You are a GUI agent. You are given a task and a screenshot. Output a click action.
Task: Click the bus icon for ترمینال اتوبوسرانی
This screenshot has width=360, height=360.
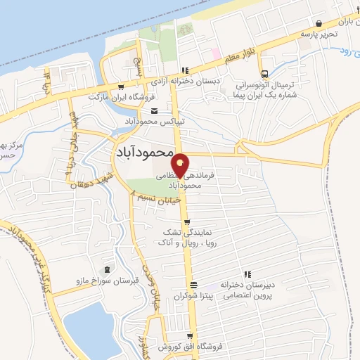(x=264, y=75)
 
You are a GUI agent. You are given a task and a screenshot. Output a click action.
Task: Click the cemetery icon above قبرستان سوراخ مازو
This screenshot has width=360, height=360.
(x=107, y=269)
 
